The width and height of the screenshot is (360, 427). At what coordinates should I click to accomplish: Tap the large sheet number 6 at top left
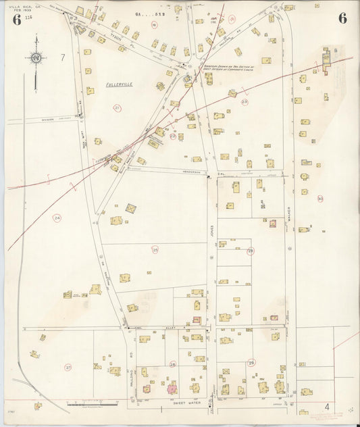coord(16,18)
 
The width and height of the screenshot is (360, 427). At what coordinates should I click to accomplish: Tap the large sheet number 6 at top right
coord(342,18)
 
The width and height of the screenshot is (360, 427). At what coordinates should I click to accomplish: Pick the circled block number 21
coord(117,108)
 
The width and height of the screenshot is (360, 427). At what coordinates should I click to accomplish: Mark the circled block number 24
coord(57,218)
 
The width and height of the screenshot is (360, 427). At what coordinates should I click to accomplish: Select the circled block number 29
coord(251,363)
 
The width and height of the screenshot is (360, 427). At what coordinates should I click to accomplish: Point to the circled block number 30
coord(320,199)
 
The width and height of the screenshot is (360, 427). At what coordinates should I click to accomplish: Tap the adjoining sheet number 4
coord(328,407)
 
